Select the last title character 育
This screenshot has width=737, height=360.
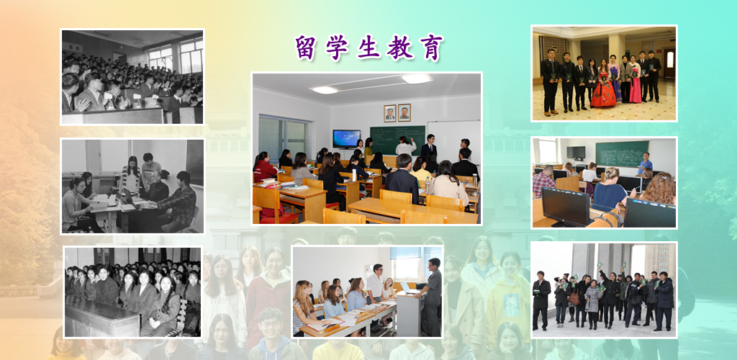432,48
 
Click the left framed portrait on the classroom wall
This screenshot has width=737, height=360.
389,113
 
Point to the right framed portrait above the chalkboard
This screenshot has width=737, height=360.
404,112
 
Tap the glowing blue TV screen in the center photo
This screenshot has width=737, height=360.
346,138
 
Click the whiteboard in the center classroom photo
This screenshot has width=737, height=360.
453,137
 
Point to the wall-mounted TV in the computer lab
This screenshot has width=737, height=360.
576,152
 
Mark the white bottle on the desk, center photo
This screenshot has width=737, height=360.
353,175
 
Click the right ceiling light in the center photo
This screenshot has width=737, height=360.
417,78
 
